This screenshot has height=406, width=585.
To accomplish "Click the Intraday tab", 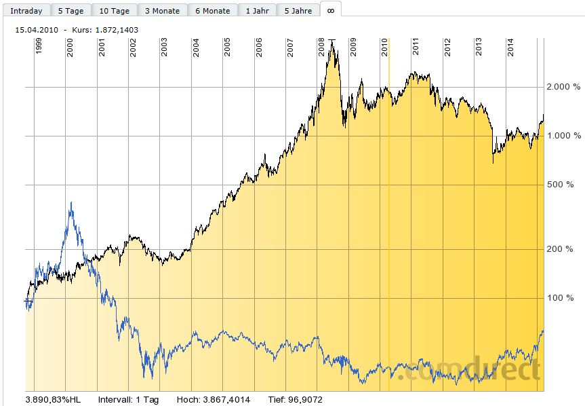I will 26,11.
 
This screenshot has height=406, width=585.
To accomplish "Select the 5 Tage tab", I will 70,11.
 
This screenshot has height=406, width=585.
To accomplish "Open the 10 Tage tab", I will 115,11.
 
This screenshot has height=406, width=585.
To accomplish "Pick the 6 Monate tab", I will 212,11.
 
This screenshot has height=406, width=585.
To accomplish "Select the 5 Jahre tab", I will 298,11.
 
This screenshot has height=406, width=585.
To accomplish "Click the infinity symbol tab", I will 331,10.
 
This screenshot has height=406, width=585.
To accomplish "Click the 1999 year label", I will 39,47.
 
